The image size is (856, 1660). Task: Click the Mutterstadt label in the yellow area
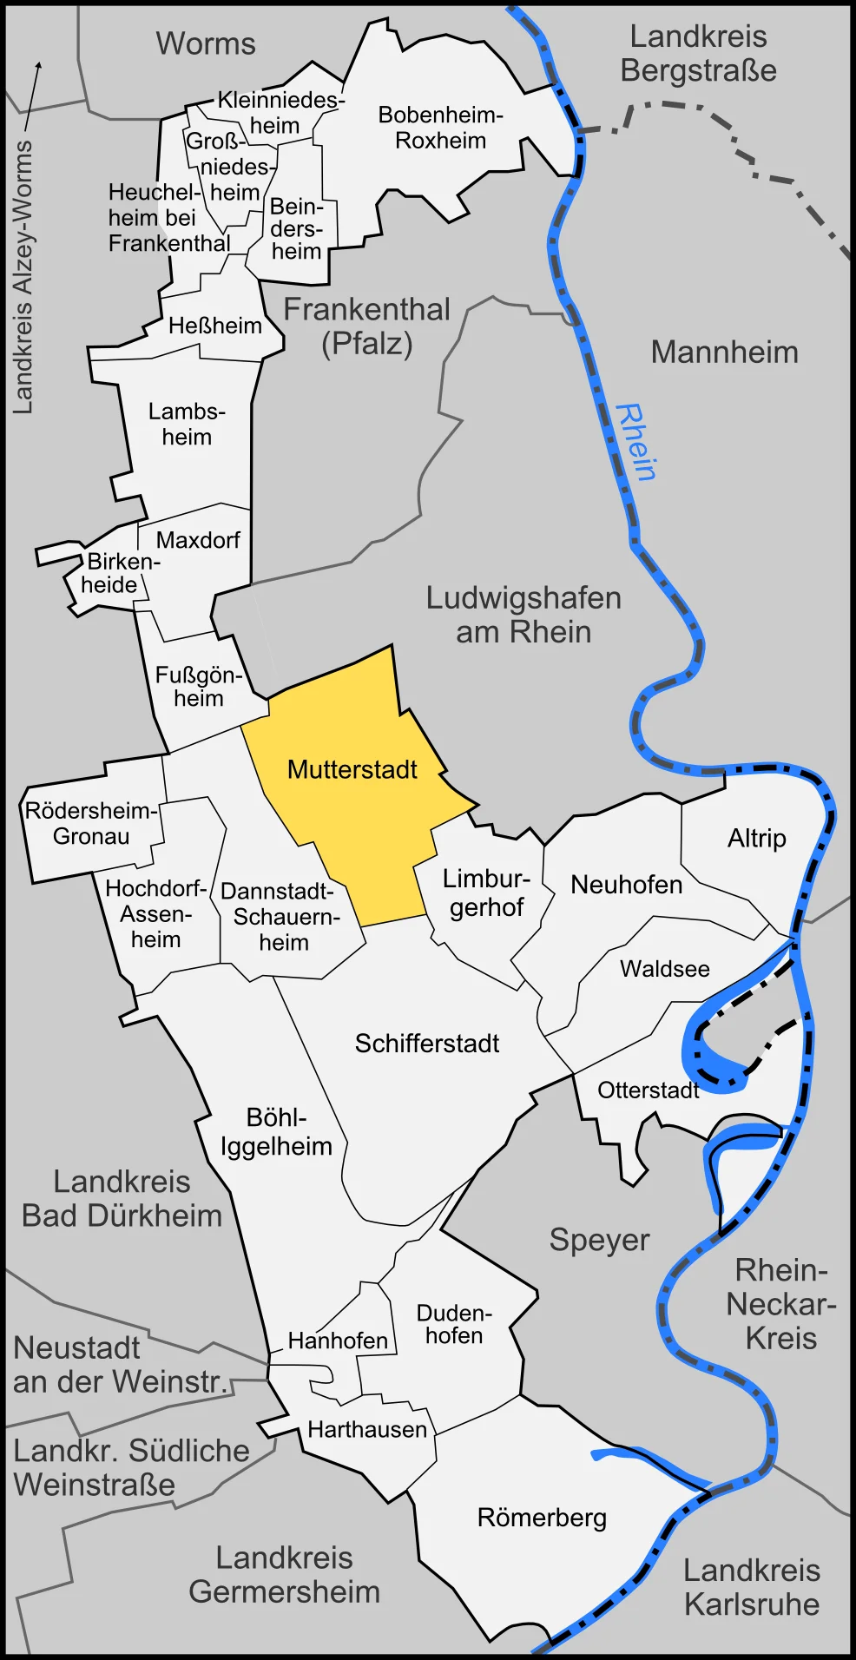tap(352, 770)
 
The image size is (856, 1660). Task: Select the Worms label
tap(206, 43)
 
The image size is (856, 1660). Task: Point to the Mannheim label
tap(724, 352)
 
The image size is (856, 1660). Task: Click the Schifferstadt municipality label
tap(426, 1044)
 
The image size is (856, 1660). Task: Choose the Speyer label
tap(599, 1240)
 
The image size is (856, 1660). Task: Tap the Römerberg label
tap(542, 1518)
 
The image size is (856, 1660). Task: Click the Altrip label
tap(756, 839)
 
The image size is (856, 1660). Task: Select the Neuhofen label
tap(626, 885)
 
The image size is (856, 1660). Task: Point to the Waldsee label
tap(664, 969)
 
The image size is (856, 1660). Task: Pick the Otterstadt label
tap(648, 1090)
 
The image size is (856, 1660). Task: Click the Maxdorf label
tap(198, 540)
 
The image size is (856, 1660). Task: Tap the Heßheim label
tap(214, 326)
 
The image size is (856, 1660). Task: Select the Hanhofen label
tap(338, 1341)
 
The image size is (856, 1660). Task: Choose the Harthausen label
tap(367, 1429)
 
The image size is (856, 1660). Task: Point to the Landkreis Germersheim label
tap(284, 1575)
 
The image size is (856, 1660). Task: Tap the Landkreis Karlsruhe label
tap(751, 1587)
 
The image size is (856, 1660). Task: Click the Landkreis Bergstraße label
tap(698, 54)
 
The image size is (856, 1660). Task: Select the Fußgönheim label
tap(198, 687)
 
